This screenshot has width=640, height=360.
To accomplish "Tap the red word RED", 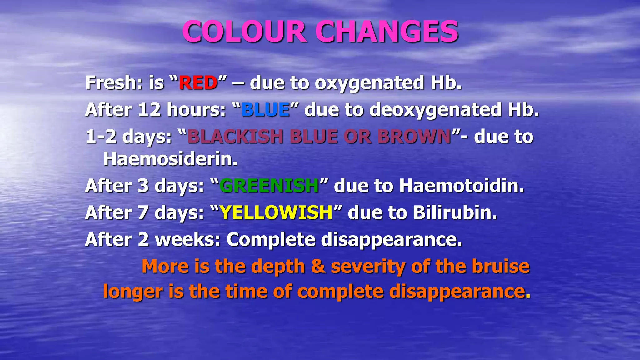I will pos(198,83).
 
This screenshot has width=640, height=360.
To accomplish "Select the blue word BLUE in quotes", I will pos(265,110).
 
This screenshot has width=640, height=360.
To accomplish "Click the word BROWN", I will pos(414,137).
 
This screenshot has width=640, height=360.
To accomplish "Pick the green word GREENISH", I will pos(269,186).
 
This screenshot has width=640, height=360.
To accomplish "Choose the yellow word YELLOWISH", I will pos(276,212).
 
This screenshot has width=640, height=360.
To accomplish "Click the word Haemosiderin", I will pos(170,159).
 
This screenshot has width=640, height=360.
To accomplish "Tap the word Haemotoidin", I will pos(461,186).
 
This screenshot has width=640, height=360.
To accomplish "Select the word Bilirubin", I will pos(455,212).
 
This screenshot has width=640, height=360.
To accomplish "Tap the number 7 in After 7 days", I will pos(143,213).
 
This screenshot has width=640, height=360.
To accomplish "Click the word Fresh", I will pos(114,83).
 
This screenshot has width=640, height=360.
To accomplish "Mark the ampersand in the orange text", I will pos(318,267).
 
